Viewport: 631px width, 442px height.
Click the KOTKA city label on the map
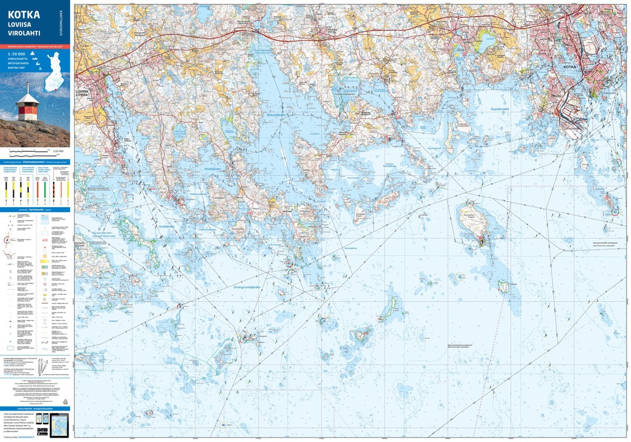click(572, 66)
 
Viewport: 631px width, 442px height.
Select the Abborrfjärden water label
click(275, 114)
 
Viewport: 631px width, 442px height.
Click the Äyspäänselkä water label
click(491, 110)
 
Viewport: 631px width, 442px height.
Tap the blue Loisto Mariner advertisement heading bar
click(35, 408)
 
